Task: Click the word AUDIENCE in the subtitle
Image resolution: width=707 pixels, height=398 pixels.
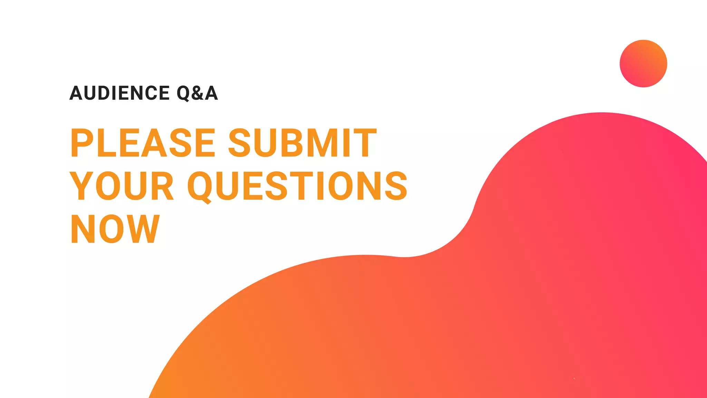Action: [119, 93]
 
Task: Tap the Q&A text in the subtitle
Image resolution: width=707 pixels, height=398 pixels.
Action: [197, 93]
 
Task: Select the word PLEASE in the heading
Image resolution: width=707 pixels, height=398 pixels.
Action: [143, 142]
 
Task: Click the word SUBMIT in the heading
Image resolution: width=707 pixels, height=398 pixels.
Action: [302, 142]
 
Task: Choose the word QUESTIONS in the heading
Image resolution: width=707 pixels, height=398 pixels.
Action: [297, 186]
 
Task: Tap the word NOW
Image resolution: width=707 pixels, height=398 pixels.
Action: [115, 228]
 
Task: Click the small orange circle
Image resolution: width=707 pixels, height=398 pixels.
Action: [643, 64]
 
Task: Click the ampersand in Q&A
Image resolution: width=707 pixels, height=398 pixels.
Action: [197, 93]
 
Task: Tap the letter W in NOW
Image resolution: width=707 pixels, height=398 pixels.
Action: [144, 228]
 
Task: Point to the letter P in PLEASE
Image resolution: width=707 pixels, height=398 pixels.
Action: [81, 142]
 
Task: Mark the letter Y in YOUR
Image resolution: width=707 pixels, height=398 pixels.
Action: [81, 186]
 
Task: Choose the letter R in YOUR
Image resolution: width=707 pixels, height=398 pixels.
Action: [162, 186]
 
